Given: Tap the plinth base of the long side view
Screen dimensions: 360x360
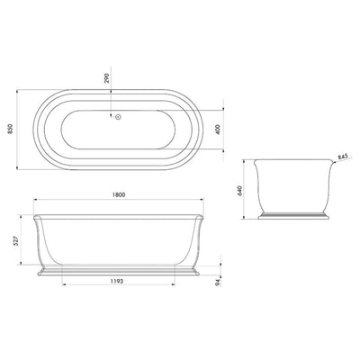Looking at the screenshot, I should pyautogui.click(x=116, y=270).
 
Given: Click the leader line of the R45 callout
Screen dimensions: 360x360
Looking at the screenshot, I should pyautogui.click(x=333, y=163).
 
